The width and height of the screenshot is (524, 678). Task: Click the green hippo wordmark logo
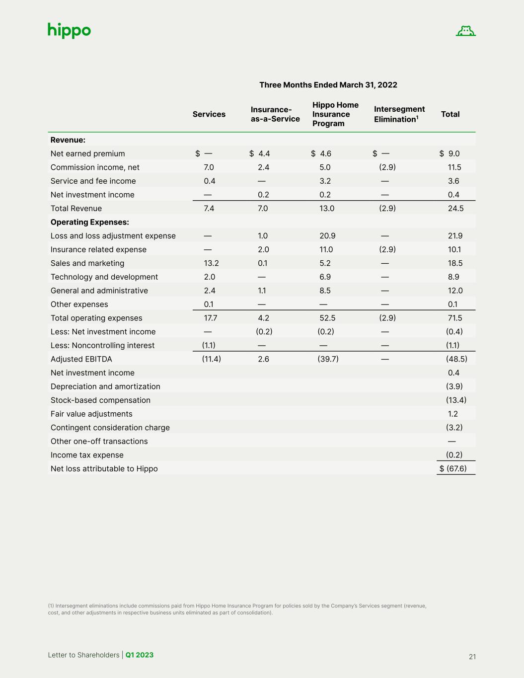[69, 31]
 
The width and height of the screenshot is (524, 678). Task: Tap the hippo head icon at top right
[465, 31]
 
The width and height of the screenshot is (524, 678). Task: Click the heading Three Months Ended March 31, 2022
[328, 85]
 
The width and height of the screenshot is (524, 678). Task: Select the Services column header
[209, 114]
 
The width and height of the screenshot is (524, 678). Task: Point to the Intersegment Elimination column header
[399, 114]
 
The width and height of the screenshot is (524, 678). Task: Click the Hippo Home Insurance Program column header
[335, 114]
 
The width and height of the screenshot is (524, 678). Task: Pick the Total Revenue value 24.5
[455, 209]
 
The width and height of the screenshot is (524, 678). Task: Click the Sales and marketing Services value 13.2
[211, 263]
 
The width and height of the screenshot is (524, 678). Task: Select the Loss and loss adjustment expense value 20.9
[327, 236]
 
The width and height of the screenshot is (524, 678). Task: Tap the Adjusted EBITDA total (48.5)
[456, 359]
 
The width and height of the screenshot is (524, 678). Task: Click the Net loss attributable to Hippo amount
[453, 468]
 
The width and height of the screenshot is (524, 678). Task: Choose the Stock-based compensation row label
[100, 400]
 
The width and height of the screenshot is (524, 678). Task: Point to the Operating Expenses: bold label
[90, 222]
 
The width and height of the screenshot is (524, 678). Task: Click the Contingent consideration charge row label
[110, 428]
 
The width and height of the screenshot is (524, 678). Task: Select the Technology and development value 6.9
[325, 277]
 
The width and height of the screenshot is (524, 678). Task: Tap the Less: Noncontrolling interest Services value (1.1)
[209, 345]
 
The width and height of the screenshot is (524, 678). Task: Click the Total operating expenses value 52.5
[327, 318]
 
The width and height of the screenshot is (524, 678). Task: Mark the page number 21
[472, 657]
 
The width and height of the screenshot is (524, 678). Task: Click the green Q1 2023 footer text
[140, 655]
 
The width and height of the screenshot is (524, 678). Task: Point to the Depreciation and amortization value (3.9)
[454, 386]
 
